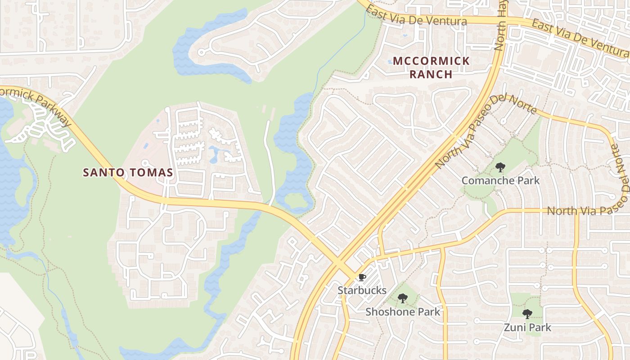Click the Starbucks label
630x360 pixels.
pyautogui.click(x=362, y=290)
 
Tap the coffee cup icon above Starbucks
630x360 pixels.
pyautogui.click(x=362, y=277)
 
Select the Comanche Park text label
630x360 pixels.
pyautogui.click(x=500, y=180)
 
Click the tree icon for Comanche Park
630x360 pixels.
pyautogui.click(x=500, y=168)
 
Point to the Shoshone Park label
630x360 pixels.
pyautogui.click(x=403, y=311)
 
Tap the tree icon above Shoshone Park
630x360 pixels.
pyautogui.click(x=403, y=298)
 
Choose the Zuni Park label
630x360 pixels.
pyautogui.click(x=527, y=327)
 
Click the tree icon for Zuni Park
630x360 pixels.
pyautogui.click(x=527, y=314)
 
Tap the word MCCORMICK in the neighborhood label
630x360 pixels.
pyautogui.click(x=431, y=61)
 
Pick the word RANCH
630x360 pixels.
pyautogui.click(x=431, y=74)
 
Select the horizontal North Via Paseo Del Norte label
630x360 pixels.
pyautogui.click(x=587, y=211)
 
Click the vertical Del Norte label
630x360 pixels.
pyautogui.click(x=620, y=166)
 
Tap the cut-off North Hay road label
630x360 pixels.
pyautogui.click(x=501, y=25)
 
